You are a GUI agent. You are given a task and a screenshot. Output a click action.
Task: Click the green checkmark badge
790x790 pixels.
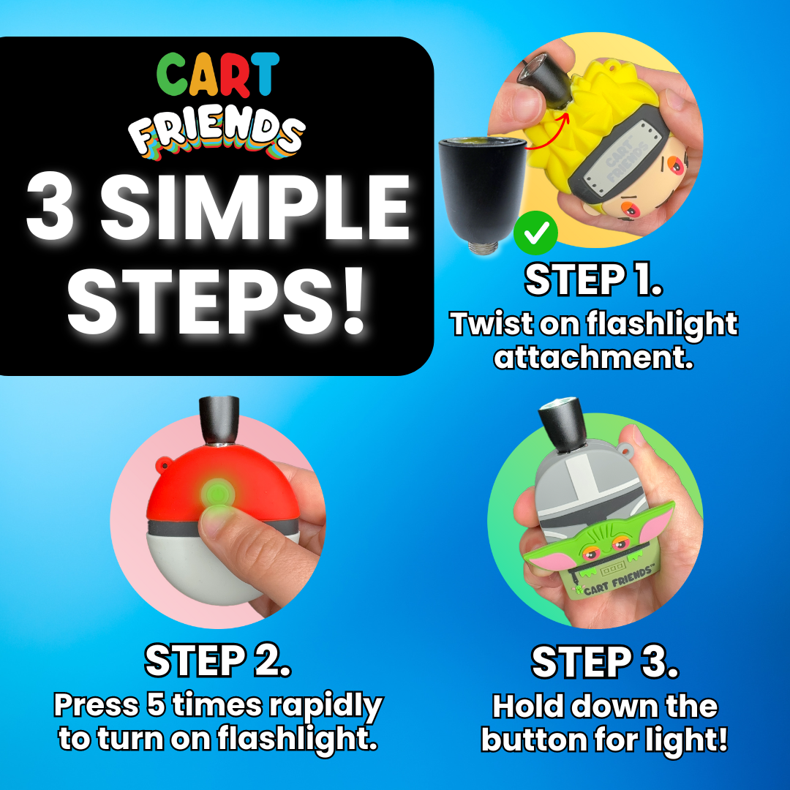(x=535, y=233)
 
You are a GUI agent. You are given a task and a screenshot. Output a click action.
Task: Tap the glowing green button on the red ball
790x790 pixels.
(x=218, y=492)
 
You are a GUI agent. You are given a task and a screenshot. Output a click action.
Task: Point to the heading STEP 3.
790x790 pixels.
(x=605, y=661)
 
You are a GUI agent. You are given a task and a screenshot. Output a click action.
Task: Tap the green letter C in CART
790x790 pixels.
(x=173, y=75)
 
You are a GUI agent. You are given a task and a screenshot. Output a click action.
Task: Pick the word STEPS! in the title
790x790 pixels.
(x=217, y=301)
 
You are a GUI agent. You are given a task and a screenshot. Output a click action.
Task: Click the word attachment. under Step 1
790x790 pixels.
(x=593, y=357)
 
